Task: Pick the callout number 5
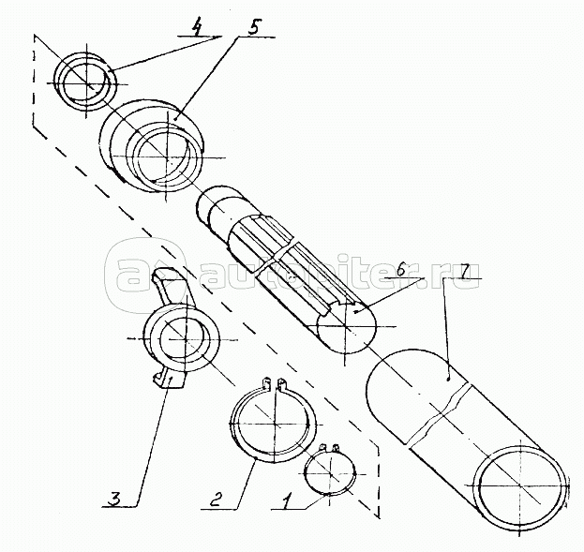tap(254, 26)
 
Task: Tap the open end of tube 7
tap(521, 484)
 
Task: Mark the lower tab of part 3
tap(167, 377)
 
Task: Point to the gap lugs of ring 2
tap(274, 383)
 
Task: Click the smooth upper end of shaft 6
tap(218, 208)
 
